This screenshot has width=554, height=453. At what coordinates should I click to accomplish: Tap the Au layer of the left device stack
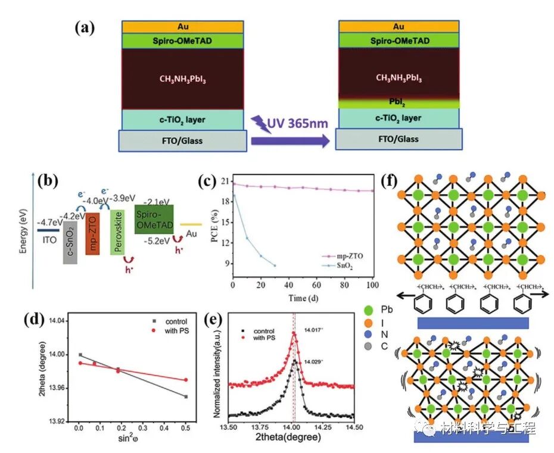coord(183,27)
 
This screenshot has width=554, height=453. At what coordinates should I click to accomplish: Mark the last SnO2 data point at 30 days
coord(275,265)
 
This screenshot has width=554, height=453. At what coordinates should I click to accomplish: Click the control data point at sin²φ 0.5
coord(186,396)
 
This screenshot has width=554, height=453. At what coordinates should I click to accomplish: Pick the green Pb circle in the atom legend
coord(371,310)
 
